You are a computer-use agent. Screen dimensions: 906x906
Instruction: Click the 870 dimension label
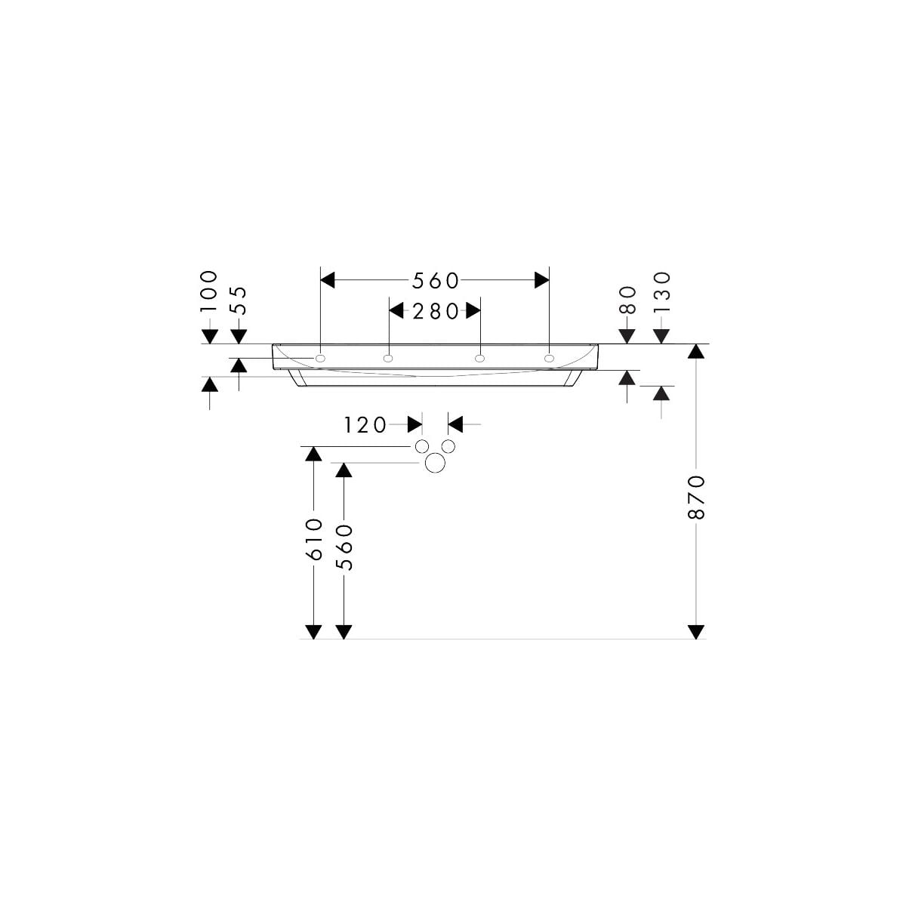tap(696, 497)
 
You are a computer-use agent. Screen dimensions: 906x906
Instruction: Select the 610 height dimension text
tap(314, 539)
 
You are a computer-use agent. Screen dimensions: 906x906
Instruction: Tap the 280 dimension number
tap(435, 311)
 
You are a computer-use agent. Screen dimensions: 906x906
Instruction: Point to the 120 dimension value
tap(365, 425)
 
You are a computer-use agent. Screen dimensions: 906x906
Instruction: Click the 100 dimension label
tap(209, 291)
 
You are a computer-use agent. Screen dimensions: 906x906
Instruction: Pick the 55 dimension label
tap(239, 300)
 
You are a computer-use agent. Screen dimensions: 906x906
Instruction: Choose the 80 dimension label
tap(627, 300)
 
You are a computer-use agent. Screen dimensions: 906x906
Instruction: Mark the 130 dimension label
tap(661, 292)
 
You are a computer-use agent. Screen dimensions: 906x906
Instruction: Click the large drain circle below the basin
tap(435, 463)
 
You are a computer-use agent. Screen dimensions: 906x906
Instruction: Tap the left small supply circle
tap(422, 445)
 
